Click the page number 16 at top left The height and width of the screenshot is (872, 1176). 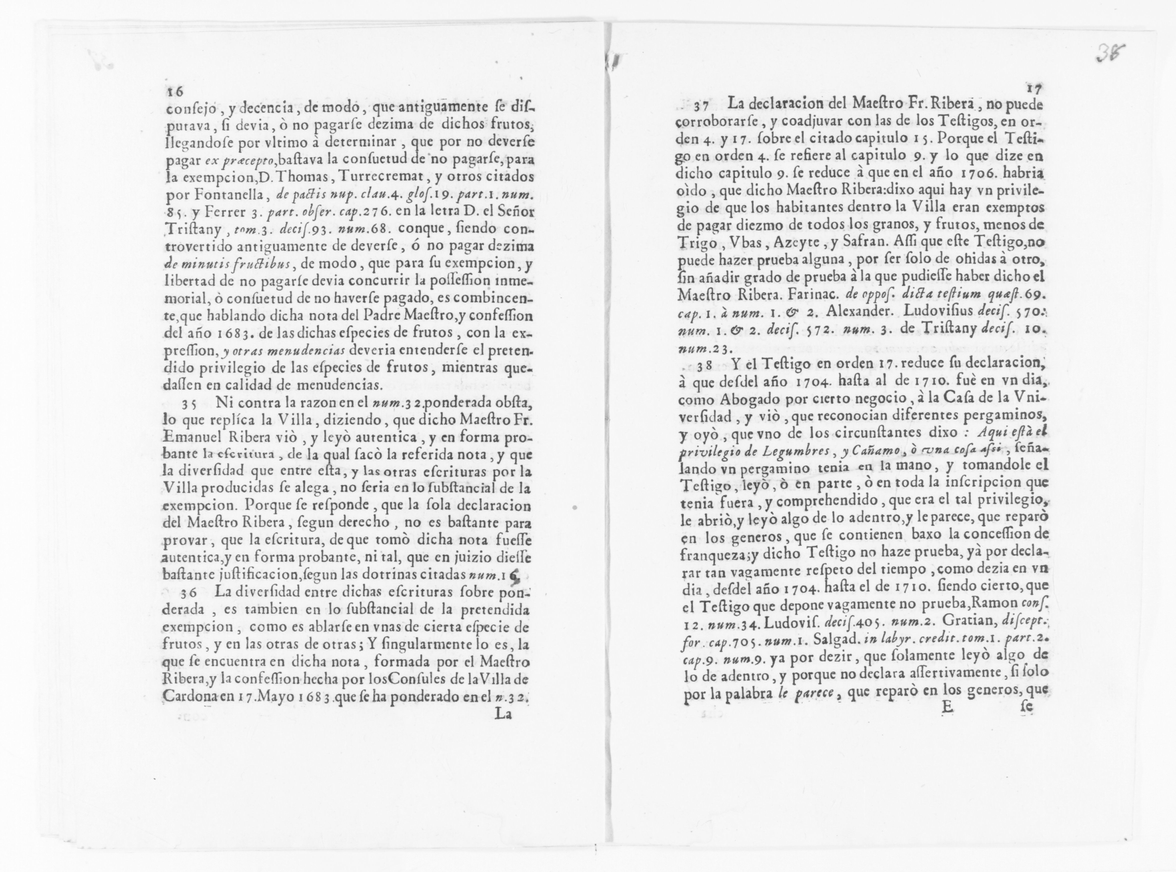(175, 91)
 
